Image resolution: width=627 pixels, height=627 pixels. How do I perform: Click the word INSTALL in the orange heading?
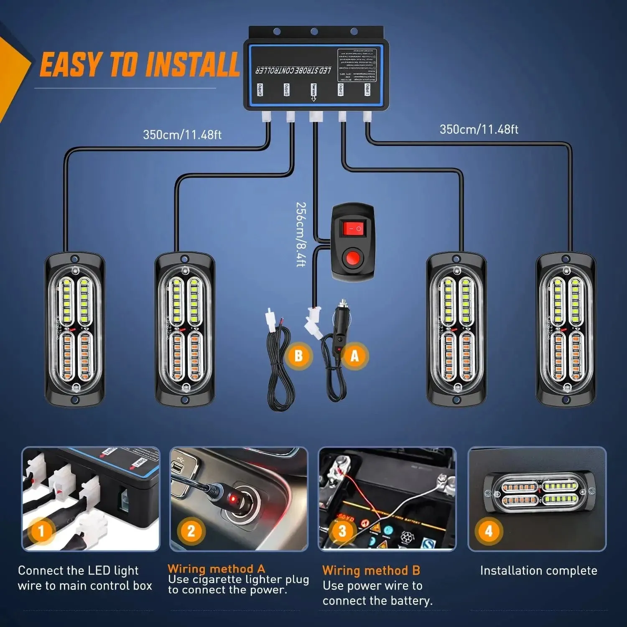click(x=193, y=65)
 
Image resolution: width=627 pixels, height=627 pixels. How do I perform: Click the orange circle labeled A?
click(x=354, y=356)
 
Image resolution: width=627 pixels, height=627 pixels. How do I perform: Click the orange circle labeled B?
click(x=298, y=356)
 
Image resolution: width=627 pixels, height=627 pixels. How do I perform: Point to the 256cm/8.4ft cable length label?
click(x=301, y=234)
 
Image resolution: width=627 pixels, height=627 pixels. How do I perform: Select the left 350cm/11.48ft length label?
click(x=182, y=135)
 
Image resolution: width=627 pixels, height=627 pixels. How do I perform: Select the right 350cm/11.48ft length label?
click(x=479, y=129)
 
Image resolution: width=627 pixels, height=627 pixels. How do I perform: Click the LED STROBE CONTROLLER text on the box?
click(x=293, y=70)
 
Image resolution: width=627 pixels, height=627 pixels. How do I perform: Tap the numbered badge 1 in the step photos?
click(x=41, y=531)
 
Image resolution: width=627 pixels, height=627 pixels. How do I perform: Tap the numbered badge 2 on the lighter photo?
click(x=191, y=531)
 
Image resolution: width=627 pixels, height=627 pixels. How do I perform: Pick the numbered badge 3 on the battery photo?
click(x=342, y=531)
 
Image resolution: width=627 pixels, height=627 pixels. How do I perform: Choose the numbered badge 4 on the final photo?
click(x=488, y=531)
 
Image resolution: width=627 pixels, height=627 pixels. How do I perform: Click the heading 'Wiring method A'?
click(x=216, y=568)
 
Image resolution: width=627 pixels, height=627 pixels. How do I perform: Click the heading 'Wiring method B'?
click(x=371, y=571)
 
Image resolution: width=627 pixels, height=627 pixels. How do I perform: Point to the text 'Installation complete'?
click(x=538, y=571)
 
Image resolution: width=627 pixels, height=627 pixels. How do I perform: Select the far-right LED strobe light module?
click(x=566, y=329)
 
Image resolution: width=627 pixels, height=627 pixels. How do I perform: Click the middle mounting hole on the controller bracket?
click(x=314, y=31)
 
